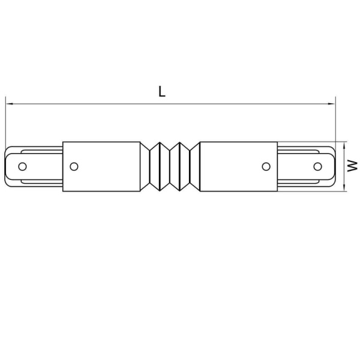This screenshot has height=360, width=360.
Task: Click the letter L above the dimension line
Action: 162,92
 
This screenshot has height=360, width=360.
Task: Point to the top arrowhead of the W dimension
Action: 345,145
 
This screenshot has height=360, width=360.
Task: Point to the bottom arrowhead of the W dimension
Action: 345,189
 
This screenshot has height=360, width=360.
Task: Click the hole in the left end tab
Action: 22,166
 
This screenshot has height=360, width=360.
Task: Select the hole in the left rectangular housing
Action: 74,166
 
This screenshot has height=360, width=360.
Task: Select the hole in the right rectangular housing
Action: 266,166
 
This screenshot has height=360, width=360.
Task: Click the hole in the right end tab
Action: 318,166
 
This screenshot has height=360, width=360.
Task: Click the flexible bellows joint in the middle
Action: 170,166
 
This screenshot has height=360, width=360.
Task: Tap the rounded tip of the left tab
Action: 7,166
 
